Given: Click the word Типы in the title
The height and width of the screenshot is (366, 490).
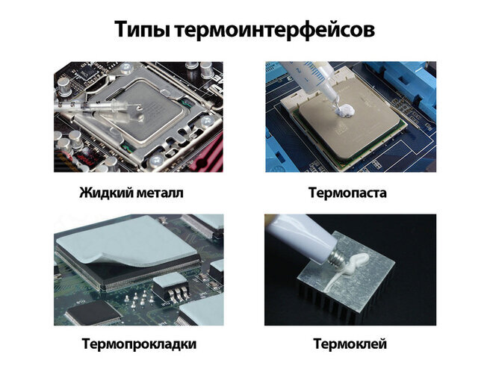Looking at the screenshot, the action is pyautogui.click(x=142, y=29).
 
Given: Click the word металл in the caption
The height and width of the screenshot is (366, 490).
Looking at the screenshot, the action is pyautogui.click(x=160, y=193).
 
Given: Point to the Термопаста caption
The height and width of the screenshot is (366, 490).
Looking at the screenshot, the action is pyautogui.click(x=347, y=193).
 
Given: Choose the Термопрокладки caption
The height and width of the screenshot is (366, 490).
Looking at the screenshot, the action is pyautogui.click(x=140, y=344).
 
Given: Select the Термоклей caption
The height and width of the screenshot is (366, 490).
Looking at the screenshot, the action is pyautogui.click(x=350, y=344).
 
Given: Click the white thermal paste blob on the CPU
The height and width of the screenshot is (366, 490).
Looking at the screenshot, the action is pyautogui.click(x=344, y=110).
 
